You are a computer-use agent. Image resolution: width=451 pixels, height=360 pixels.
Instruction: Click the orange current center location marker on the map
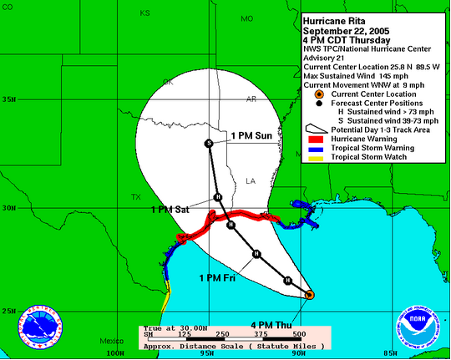pos(309,295)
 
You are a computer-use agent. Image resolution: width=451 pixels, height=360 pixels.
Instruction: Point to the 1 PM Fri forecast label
pos(218,277)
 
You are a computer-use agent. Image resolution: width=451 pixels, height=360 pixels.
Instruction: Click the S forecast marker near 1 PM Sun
pos(209,144)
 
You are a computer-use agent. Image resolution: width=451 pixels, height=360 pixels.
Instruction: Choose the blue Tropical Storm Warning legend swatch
pos(316,148)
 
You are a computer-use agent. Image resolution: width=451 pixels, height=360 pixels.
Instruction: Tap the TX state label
pos(136,197)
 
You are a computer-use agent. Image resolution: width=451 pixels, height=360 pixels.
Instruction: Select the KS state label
pos(144,13)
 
